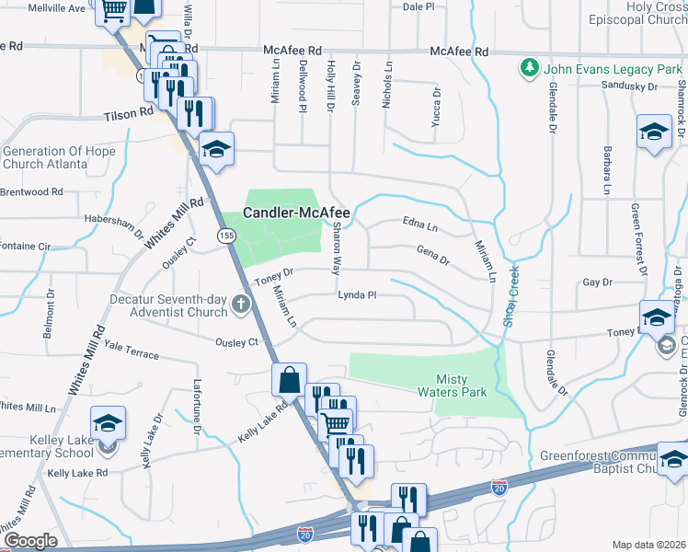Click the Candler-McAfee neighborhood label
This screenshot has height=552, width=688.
point(296,213)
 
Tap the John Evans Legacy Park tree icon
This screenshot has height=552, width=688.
point(529,68)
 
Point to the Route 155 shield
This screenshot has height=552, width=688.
point(225,236)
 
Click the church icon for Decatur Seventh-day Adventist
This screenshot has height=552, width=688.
point(241,304)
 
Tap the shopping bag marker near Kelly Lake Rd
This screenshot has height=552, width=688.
point(289,379)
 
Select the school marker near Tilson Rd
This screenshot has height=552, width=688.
point(216,147)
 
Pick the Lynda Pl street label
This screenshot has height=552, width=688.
point(358,295)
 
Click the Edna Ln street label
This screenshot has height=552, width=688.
point(420,223)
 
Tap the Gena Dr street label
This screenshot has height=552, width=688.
point(432,255)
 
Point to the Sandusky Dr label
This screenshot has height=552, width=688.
point(628,86)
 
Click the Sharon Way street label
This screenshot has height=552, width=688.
point(336,248)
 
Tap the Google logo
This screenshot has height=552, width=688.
point(31,541)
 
